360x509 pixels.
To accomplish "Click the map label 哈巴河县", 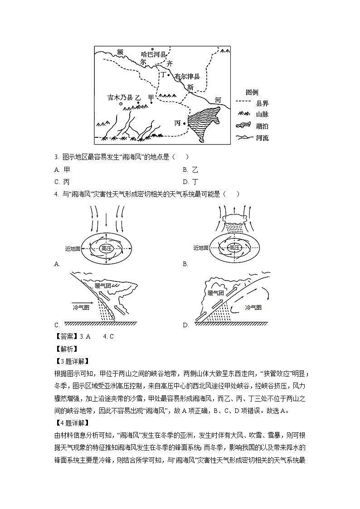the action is (154, 54).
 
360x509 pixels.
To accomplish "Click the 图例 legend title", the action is (252, 92).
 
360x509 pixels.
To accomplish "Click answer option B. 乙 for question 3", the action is (191, 170).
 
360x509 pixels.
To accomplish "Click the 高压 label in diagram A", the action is (106, 248).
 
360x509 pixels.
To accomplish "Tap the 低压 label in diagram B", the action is (234, 248).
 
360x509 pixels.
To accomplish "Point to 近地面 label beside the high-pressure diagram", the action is (73, 248).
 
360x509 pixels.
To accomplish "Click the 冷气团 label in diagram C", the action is (82, 307).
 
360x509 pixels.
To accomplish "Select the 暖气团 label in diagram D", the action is (216, 293).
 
